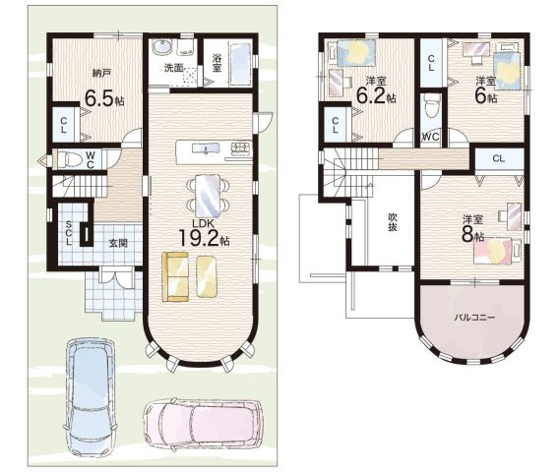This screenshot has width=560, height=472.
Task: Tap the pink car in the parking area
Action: pyautogui.click(x=204, y=425)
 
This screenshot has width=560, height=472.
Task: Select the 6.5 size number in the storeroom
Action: pyautogui.click(x=98, y=98)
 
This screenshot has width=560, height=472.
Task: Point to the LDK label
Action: pyautogui.click(x=203, y=223)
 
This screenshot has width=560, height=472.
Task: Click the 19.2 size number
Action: pyautogui.click(x=198, y=238)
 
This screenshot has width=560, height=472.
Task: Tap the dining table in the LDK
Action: pyautogui.click(x=208, y=196)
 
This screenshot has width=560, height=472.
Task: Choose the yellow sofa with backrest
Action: pyautogui.click(x=175, y=276)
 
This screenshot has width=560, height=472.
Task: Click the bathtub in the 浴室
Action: pyautogui.click(x=241, y=64)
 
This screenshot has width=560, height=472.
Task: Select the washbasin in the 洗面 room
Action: pyautogui.click(x=162, y=47)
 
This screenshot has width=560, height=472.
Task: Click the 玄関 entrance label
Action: pyautogui.click(x=118, y=243)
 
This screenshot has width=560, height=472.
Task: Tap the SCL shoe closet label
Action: pyautogui.click(x=68, y=233)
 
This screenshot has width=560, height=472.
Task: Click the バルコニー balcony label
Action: pyautogui.click(x=474, y=318)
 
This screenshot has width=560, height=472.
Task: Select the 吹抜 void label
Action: pyautogui.click(x=393, y=222)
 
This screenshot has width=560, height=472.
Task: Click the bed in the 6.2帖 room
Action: pyautogui.click(x=353, y=52)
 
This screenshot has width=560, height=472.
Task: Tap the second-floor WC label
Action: pyautogui.click(x=431, y=137)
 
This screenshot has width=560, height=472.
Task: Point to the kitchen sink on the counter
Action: pyautogui.click(x=206, y=147)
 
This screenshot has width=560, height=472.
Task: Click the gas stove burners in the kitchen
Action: pyautogui.click(x=241, y=147)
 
